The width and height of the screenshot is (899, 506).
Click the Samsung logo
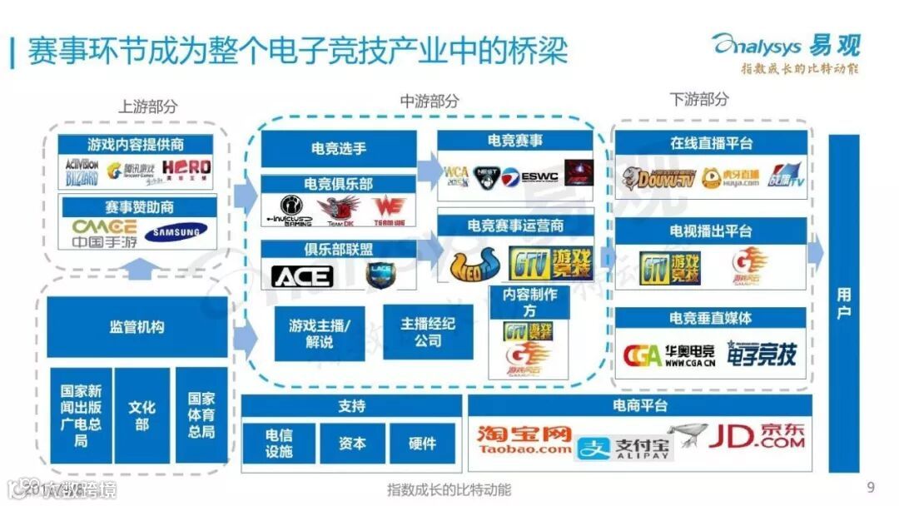(x=176, y=232)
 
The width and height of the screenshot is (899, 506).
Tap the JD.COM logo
(x=756, y=436)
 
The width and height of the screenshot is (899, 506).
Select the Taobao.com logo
(x=524, y=439)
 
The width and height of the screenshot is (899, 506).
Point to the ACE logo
(x=301, y=275)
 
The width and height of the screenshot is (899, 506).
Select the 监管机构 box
(x=137, y=327)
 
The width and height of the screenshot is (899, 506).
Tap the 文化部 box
(x=142, y=415)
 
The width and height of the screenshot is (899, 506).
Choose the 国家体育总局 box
(x=201, y=415)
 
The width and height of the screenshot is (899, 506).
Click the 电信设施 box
(x=279, y=444)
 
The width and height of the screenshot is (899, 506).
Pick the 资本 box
(x=352, y=444)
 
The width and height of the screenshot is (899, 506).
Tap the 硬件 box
(x=423, y=444)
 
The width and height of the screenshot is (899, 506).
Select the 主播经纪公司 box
(x=428, y=331)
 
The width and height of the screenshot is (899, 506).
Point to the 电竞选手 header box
(x=339, y=149)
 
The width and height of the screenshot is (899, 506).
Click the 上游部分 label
(x=148, y=106)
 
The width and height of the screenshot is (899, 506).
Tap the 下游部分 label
(x=699, y=99)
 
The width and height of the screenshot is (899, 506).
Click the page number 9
(x=871, y=487)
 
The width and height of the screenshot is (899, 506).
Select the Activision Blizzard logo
(x=82, y=171)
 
